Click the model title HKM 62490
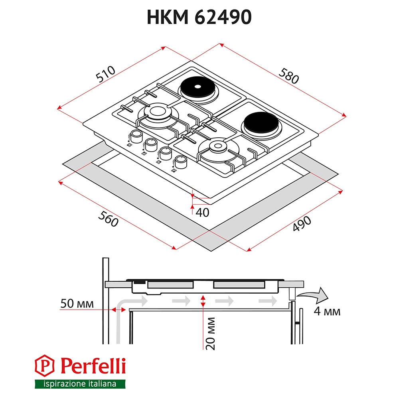coord(199,17)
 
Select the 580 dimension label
coord(288,76)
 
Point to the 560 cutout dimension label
coord(109,219)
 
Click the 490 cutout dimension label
coord(302,223)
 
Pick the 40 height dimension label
coord(203,213)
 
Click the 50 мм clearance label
coord(77,304)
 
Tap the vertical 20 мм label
coord(210,334)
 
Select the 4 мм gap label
coord(327,311)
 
